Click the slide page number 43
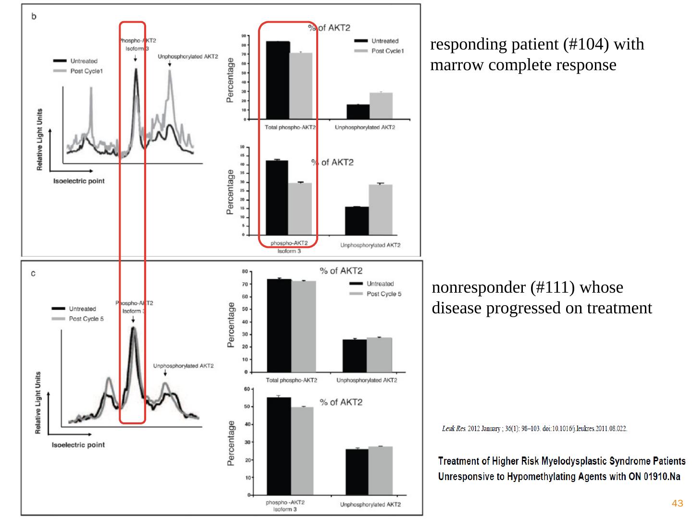(x=677, y=503)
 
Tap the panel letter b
(x=34, y=16)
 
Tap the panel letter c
(x=33, y=274)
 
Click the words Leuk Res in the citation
(x=454, y=429)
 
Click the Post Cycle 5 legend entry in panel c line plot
(x=86, y=319)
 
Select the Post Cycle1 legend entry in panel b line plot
(x=86, y=71)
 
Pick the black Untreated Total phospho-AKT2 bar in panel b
(x=278, y=80)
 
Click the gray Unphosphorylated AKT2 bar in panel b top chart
(x=381, y=106)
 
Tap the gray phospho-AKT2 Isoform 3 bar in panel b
(x=299, y=209)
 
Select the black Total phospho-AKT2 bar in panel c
(x=279, y=325)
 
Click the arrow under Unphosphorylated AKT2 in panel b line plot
(x=170, y=63)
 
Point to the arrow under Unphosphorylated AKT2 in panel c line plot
(x=165, y=373)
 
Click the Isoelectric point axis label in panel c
(x=78, y=445)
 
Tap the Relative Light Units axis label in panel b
(x=40, y=139)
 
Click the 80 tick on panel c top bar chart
(x=245, y=272)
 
